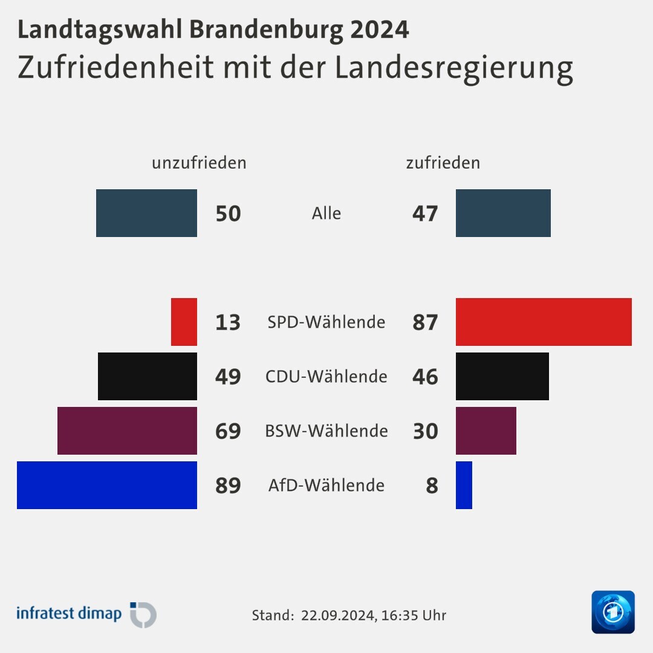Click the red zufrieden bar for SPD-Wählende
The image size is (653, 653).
544,322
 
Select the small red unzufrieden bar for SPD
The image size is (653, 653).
184,322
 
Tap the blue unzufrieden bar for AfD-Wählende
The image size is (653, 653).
107,485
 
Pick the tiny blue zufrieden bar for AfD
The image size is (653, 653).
464,485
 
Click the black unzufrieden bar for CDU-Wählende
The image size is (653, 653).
148,376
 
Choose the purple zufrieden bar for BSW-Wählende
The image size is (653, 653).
486,430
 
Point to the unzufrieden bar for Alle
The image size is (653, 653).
146,213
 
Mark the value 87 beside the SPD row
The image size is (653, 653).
425,322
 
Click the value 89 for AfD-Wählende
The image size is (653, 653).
228,486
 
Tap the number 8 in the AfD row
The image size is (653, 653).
432,486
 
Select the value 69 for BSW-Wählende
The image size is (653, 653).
228,431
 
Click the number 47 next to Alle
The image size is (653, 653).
425,213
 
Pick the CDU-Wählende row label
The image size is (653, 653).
326,376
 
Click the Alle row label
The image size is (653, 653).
326,213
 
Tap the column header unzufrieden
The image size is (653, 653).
199,163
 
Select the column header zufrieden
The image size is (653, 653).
443,163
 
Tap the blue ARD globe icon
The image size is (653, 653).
613,612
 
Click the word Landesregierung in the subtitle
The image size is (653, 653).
453,68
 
